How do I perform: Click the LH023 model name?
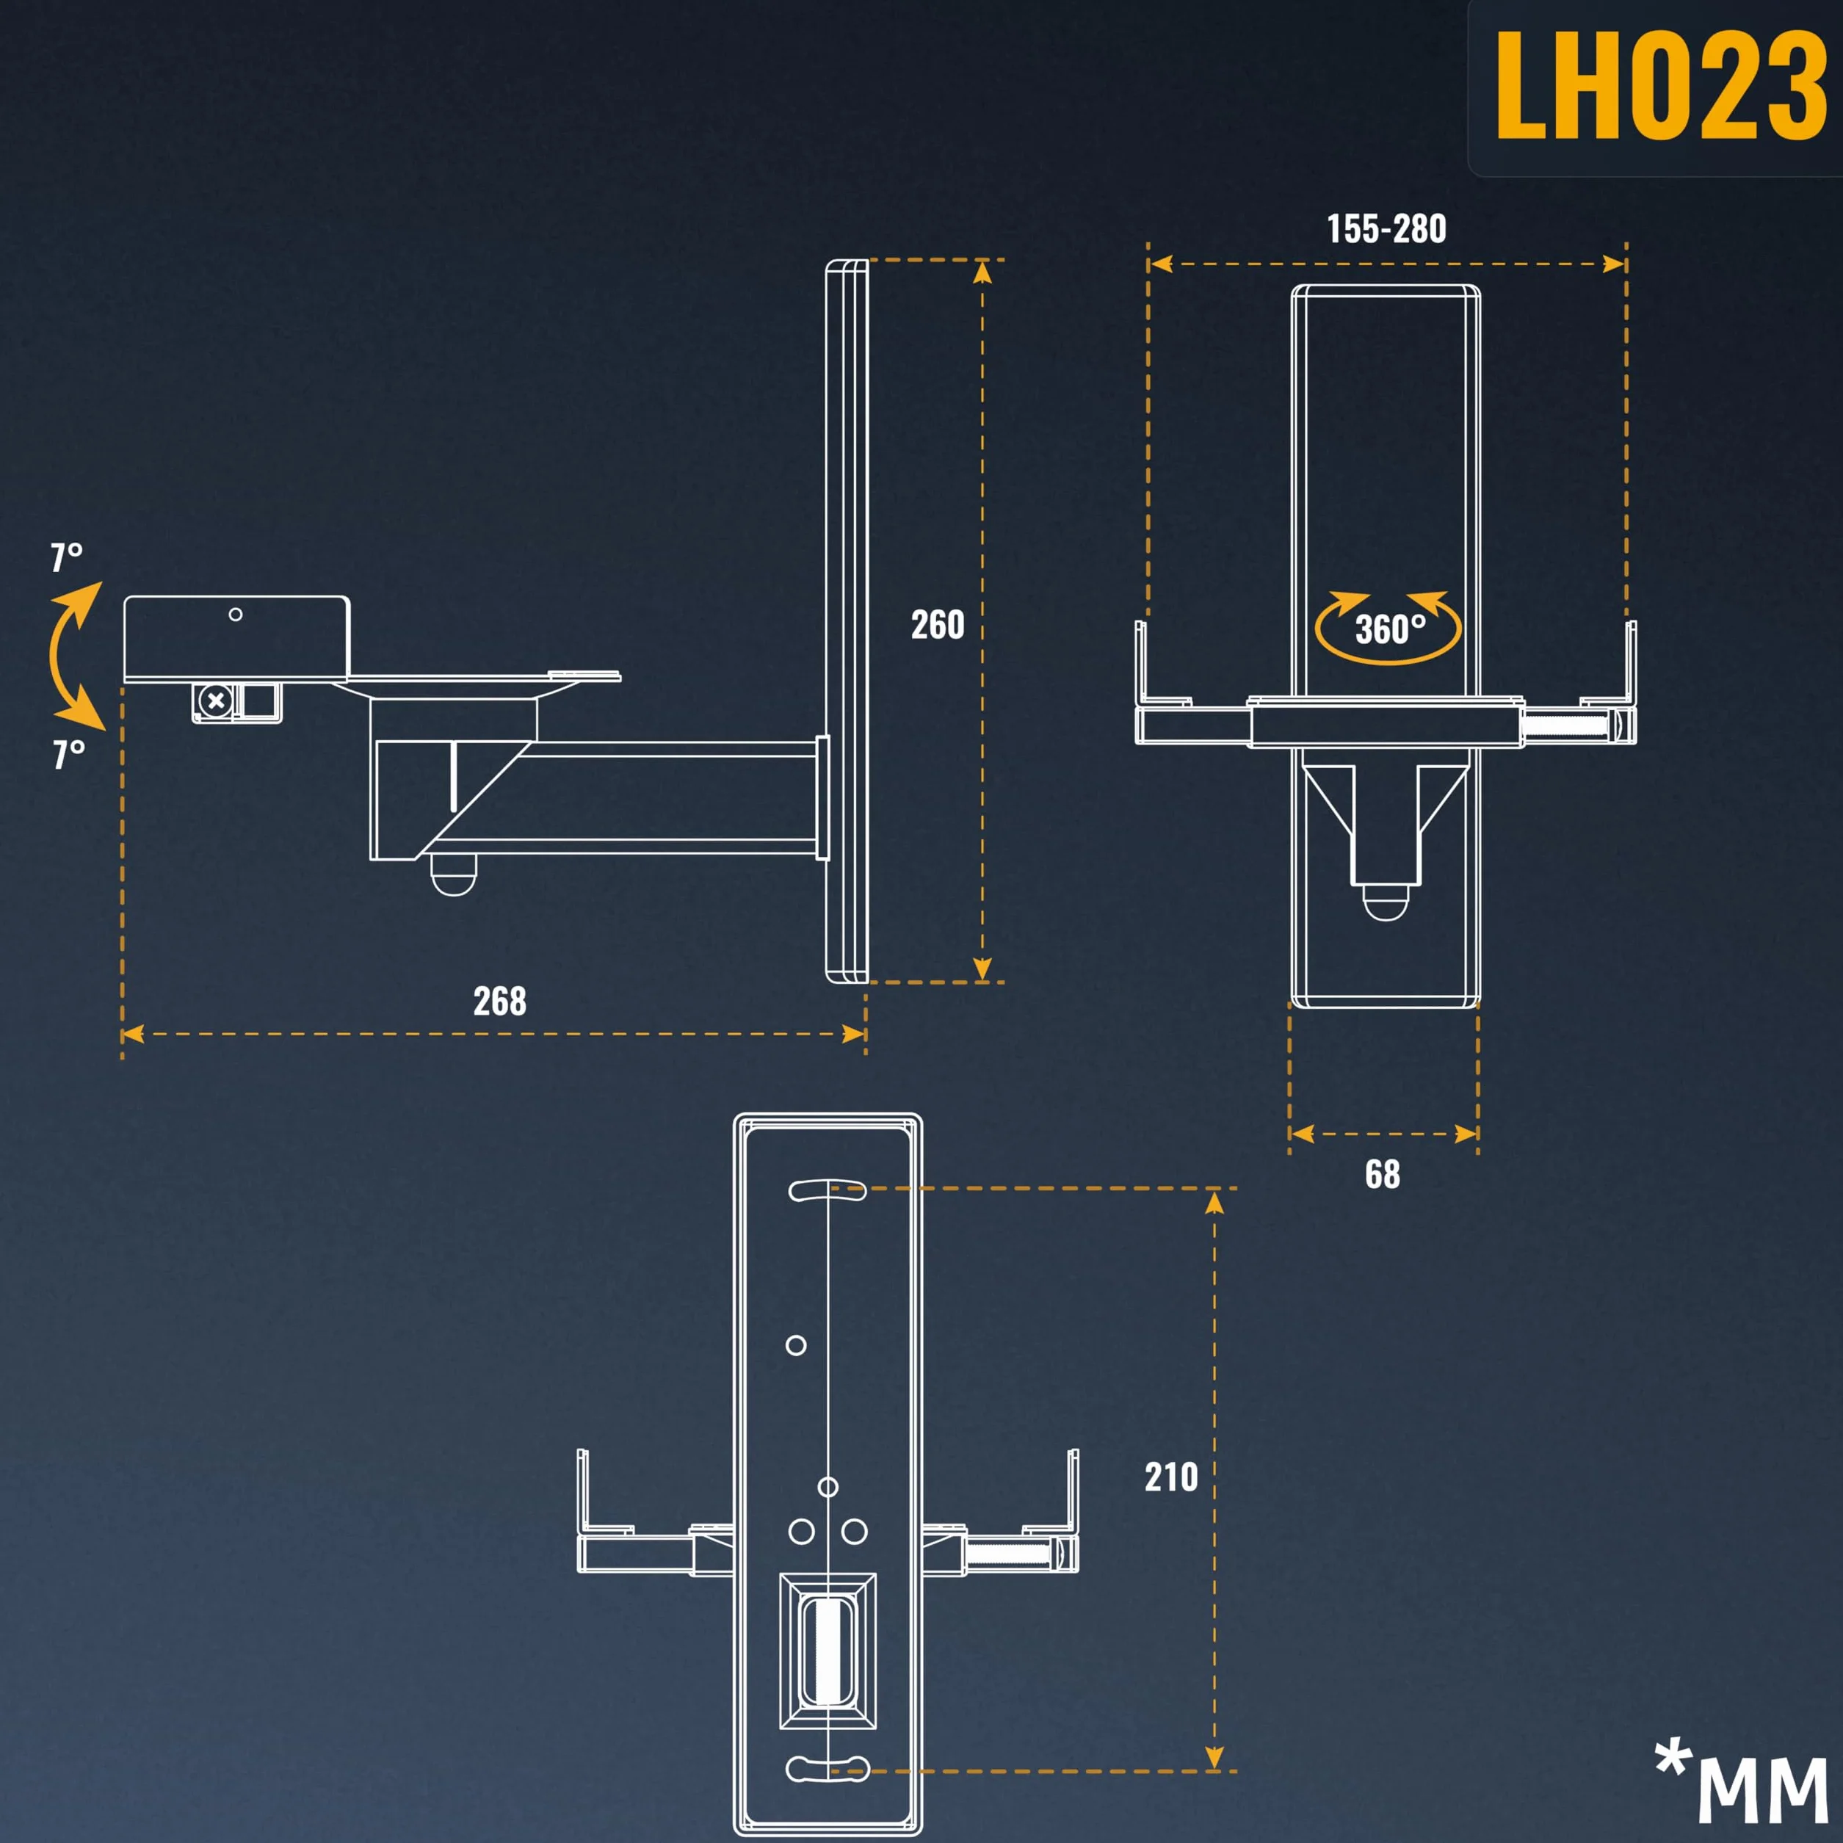coord(1661,85)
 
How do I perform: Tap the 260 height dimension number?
coord(938,625)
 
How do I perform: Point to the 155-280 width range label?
coord(1386,229)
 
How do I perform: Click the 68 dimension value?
coord(1382,1174)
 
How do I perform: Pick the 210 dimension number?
coord(1171,1477)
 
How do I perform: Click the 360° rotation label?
coord(1390,629)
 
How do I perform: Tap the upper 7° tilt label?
coord(67,557)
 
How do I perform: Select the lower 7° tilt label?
coord(69,753)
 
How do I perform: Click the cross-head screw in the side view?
coord(216,701)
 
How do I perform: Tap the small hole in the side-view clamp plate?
coord(236,615)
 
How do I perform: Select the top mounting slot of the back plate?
coord(827,1190)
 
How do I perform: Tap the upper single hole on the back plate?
coord(796,1345)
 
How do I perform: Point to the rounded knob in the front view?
coord(1384,902)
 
